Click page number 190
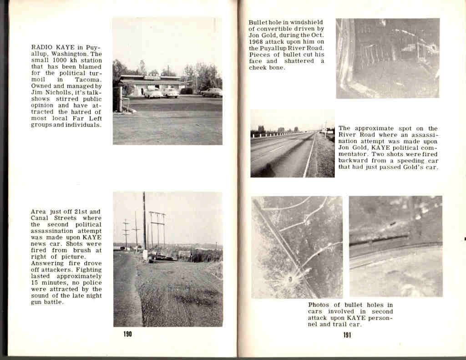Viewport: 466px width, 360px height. (x=127, y=335)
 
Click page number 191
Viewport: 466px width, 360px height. (x=347, y=335)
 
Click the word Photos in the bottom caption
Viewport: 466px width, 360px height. (x=319, y=305)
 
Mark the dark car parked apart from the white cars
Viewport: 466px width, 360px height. (x=212, y=92)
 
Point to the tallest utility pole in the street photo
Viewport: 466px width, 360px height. (x=144, y=223)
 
